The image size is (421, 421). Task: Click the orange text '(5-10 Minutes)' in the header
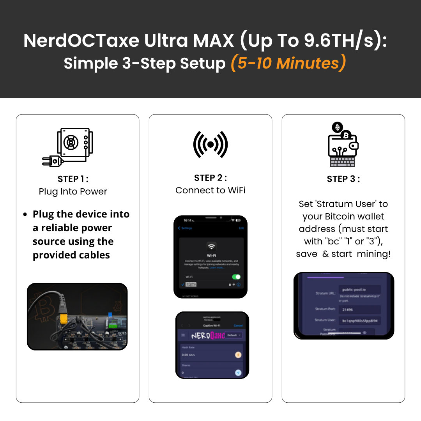(x=288, y=63)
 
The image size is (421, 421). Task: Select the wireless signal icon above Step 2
(x=210, y=145)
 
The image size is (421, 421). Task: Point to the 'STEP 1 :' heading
(x=73, y=179)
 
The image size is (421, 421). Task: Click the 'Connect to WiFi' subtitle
(x=210, y=190)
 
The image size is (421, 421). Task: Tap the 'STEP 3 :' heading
(x=343, y=179)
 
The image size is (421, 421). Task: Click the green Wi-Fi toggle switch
(x=236, y=277)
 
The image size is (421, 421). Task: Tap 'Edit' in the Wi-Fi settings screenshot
(x=241, y=228)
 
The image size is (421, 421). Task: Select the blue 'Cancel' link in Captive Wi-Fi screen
(x=238, y=325)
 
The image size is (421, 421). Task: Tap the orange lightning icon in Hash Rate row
(x=238, y=355)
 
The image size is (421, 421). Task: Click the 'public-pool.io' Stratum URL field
(x=359, y=290)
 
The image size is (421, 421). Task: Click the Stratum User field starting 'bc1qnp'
(x=359, y=321)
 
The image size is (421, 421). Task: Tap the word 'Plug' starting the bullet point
(x=42, y=214)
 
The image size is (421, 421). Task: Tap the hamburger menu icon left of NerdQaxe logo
(x=183, y=335)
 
